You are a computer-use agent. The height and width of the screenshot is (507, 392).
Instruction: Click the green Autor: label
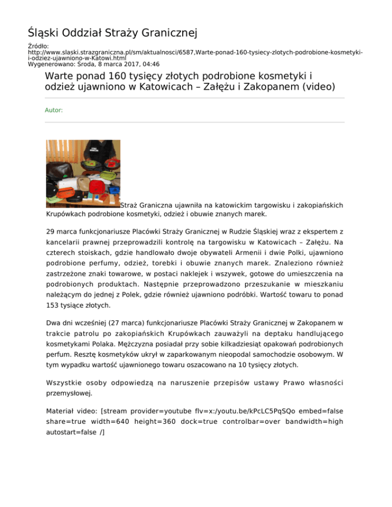(x=54, y=110)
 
